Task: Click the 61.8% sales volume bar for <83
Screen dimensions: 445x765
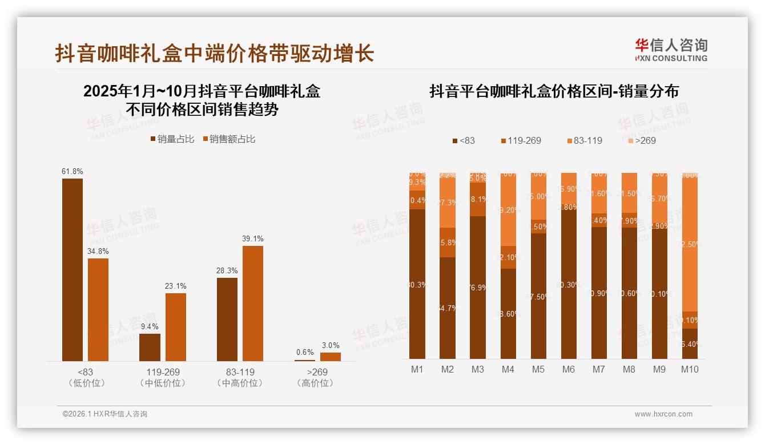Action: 73,269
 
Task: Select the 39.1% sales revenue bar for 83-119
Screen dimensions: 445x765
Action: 253,303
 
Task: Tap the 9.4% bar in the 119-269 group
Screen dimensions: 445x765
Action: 150,347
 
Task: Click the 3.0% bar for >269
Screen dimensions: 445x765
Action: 330,357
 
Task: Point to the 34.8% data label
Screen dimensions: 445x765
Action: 98,251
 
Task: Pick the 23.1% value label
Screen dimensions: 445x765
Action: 175,286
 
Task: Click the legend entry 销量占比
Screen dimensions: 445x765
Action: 172,139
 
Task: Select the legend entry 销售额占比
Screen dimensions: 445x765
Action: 229,139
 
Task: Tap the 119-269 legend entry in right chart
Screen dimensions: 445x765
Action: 520,140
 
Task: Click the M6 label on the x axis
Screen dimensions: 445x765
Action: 568,369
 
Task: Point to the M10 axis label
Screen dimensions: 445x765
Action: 690,369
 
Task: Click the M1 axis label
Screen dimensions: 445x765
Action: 417,369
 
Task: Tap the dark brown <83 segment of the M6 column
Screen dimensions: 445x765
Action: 568,285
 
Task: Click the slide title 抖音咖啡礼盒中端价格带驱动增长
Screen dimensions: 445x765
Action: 215,53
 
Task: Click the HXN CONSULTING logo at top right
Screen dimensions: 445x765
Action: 671,50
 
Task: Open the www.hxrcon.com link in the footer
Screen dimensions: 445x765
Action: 663,414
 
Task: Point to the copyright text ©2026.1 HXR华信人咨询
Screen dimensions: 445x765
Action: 104,414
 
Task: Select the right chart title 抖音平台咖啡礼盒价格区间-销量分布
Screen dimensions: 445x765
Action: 554,92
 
